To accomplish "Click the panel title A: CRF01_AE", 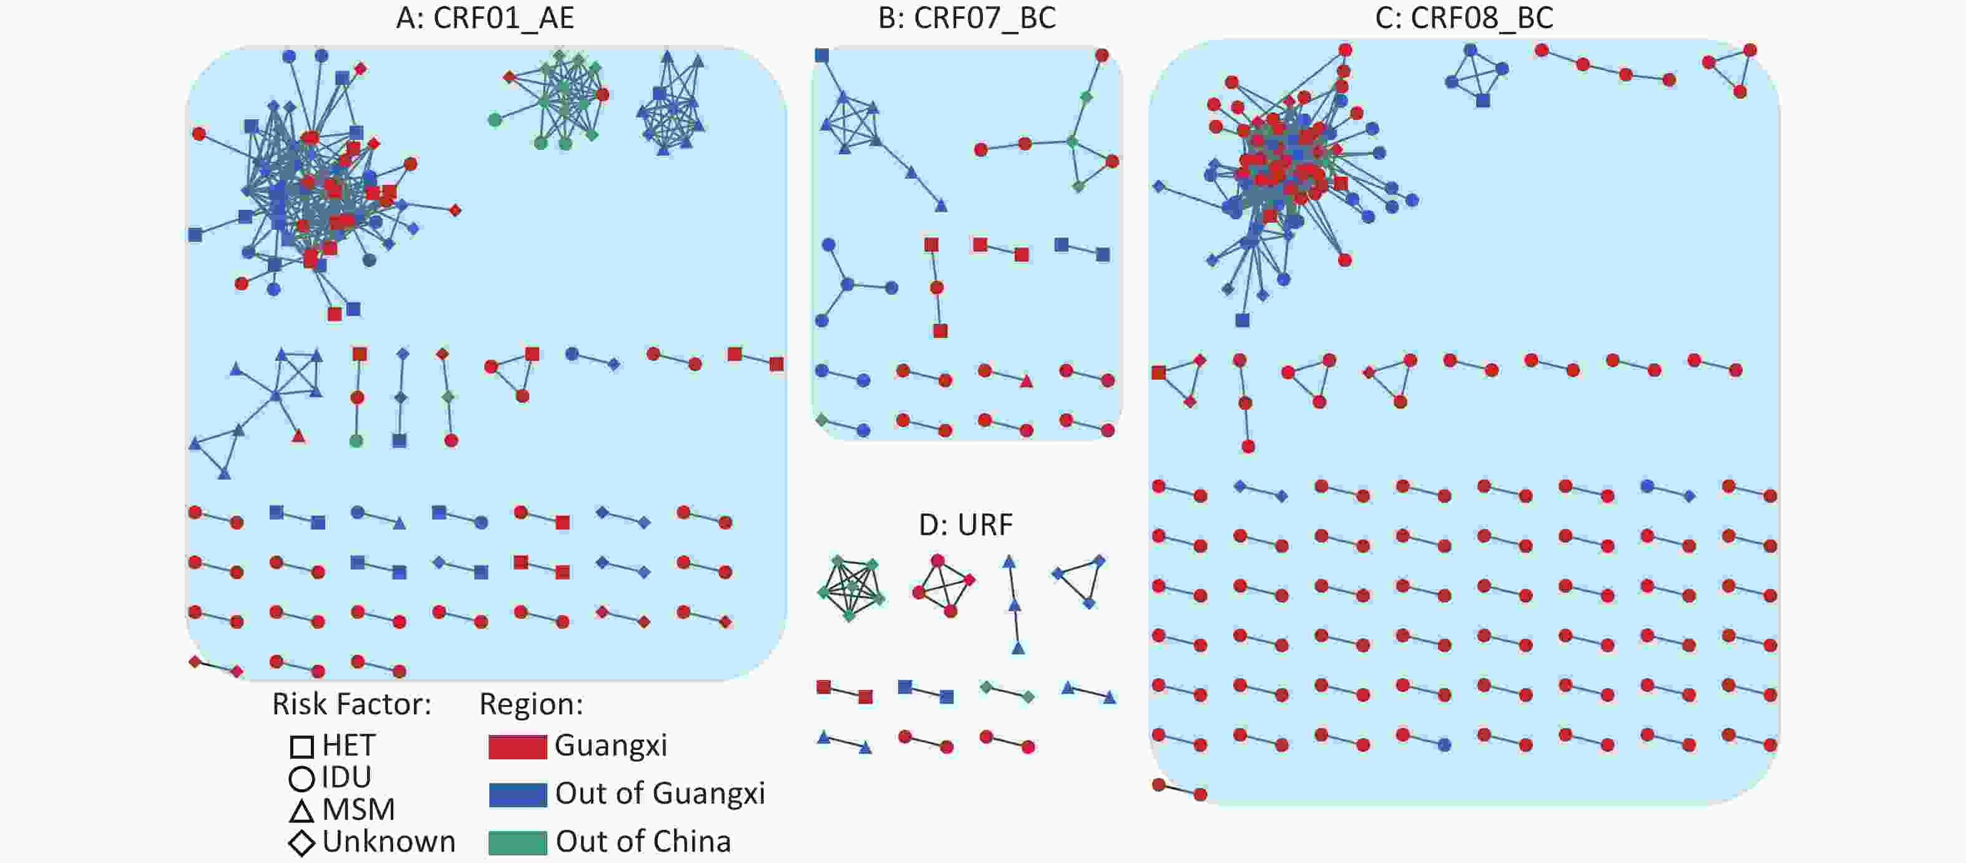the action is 484,17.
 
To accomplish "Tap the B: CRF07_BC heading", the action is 967,17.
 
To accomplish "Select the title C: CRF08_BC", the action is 1464,17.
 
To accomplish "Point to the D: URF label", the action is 966,525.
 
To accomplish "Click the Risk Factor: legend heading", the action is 352,704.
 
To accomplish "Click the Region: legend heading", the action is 531,704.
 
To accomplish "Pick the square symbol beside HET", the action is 301,746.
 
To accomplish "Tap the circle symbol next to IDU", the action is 301,778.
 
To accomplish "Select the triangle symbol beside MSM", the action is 301,811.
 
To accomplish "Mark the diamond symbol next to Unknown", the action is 301,843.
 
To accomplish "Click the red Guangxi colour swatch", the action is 517,746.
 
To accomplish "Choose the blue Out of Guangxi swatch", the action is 517,794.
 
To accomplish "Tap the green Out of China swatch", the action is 517,842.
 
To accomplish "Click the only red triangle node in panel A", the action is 298,436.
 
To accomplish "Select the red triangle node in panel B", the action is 1027,380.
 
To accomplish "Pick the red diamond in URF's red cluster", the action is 969,580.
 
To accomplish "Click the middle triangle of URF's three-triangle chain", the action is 1014,605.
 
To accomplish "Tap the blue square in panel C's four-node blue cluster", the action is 1483,100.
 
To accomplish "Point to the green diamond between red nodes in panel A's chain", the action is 448,397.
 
